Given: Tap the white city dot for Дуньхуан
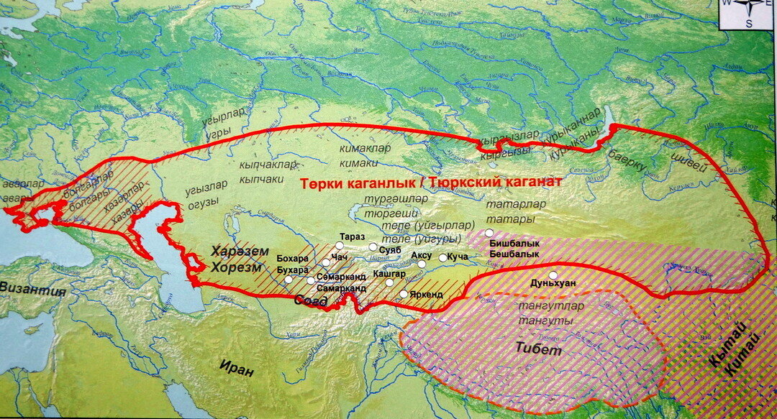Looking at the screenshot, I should pos(553,275).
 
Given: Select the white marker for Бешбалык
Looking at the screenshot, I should pos(489,233).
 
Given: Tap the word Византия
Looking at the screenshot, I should pos(32,291).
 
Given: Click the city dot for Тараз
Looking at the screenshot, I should pos(339,245).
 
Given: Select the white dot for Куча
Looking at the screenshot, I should pos(442,257).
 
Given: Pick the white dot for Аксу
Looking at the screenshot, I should pos(422,264).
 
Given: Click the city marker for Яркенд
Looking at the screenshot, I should pos(403,293).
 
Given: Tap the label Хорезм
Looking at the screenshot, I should pos(232,267).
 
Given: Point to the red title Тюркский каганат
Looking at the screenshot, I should pos(496,183).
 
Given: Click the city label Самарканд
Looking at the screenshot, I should pos(341,288).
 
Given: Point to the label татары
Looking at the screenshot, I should pos(506,218).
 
